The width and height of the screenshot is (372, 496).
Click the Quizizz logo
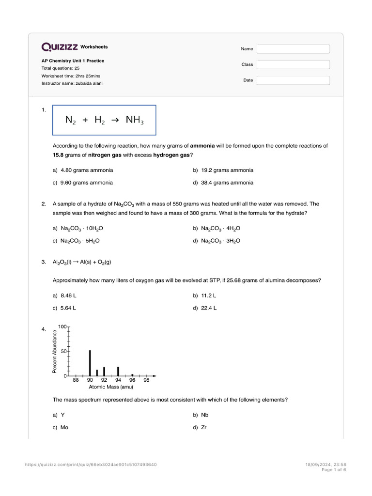(60, 47)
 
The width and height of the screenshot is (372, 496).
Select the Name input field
(293, 49)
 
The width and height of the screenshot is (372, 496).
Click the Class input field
(293, 64)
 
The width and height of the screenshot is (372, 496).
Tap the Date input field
(293, 80)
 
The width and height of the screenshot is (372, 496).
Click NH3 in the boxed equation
(135, 120)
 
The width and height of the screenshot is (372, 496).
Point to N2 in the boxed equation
(71, 120)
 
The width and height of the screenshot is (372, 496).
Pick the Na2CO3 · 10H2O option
(79, 228)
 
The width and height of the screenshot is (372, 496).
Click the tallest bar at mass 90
(90, 362)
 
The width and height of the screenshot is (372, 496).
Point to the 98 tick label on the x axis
(147, 381)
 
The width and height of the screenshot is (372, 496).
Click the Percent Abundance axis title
(55, 351)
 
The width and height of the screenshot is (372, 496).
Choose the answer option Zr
(204, 428)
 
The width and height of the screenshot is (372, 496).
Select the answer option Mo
(64, 428)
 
